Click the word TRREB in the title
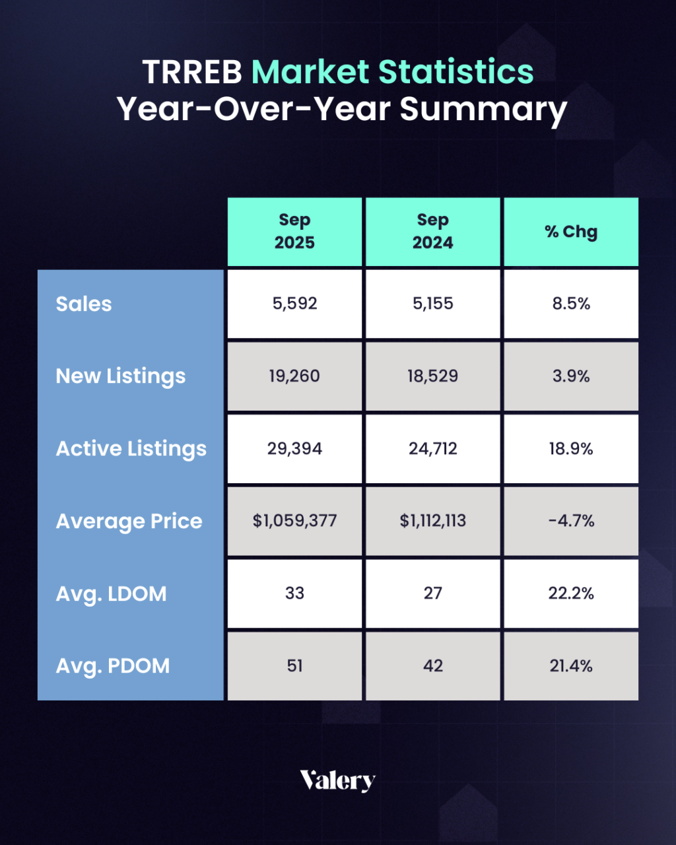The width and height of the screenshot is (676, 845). tap(192, 72)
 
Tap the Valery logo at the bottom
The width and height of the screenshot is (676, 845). tap(337, 780)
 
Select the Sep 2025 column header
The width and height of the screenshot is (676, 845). tap(294, 231)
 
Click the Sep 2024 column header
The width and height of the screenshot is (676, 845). tap(433, 231)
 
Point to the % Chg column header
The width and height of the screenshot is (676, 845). tap(571, 232)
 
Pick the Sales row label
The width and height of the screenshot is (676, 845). tap(84, 304)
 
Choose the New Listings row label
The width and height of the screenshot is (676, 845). tap(121, 376)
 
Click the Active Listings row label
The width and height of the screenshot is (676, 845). tap(131, 449)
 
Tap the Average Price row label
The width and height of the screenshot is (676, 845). tap(129, 522)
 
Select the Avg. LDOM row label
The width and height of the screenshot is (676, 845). tap(111, 593)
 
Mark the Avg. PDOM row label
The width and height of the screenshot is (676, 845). tap(112, 666)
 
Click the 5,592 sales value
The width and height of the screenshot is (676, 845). tap(294, 304)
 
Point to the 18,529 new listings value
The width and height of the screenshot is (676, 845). tap(433, 376)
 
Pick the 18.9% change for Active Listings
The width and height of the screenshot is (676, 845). tap(571, 449)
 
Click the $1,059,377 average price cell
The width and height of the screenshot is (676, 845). tap(294, 521)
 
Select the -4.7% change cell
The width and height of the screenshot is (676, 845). tap(571, 521)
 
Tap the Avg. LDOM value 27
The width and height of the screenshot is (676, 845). tap(433, 593)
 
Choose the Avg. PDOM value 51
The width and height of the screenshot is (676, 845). tap(294, 666)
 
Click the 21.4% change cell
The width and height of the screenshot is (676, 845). tap(571, 666)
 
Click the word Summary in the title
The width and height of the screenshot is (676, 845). tap(483, 110)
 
